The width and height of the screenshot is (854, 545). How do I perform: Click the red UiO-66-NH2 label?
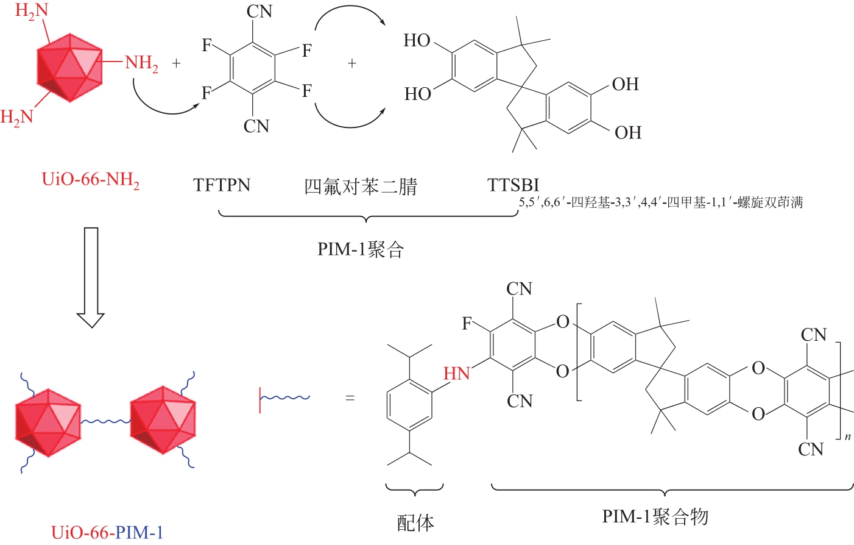point(91,180)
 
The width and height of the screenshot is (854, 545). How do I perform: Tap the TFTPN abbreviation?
point(222,185)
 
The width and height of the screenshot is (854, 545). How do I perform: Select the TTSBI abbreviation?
point(513,185)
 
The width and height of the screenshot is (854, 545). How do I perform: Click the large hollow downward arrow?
point(91,277)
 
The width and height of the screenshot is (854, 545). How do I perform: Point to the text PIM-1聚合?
point(361,250)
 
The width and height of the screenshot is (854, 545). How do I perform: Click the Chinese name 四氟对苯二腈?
point(360,187)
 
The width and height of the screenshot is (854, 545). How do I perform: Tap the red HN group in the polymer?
point(457,373)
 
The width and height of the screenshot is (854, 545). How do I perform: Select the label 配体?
point(415,522)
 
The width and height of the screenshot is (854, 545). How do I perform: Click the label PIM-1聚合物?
point(655,517)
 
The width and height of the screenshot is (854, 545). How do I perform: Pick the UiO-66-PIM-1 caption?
point(107,533)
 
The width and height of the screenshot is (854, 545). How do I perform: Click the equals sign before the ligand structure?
point(350,398)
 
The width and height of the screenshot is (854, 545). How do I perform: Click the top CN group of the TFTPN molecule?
point(259,12)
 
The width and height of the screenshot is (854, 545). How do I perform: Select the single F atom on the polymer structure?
point(467,324)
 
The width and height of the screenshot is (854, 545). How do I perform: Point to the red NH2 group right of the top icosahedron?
point(141,63)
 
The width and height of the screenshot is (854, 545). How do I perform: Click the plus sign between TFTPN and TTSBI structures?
point(351,63)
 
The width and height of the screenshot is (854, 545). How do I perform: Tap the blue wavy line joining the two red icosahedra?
point(105,422)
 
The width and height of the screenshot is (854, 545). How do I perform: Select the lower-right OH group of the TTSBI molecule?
point(628,133)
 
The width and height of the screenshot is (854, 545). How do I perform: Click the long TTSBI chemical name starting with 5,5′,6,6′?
point(661,202)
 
